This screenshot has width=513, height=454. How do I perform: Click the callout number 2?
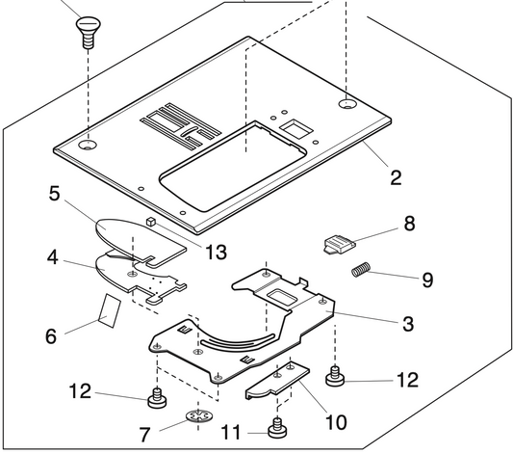click(x=396, y=177)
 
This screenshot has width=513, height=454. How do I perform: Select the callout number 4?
click(x=56, y=257)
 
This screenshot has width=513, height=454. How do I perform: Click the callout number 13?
click(x=215, y=253)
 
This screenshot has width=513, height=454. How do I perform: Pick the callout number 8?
click(x=410, y=224)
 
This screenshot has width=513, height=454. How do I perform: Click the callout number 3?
click(x=408, y=324)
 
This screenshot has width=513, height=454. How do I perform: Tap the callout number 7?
click(x=143, y=435)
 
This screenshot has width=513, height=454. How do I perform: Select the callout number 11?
click(x=231, y=433)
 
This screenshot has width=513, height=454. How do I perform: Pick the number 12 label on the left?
click(x=80, y=391)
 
